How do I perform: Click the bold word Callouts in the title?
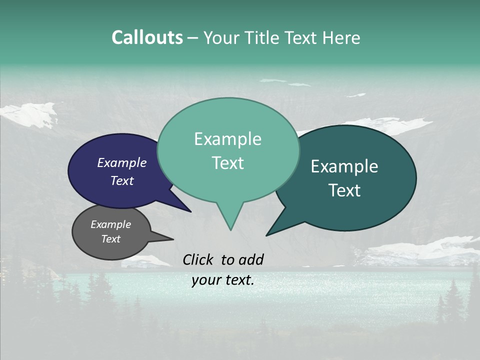pos(147,37)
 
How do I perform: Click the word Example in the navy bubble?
pos(121,163)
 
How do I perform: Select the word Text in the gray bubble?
pos(111,239)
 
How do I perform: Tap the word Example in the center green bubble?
pos(227,139)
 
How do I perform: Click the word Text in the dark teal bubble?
pos(344,190)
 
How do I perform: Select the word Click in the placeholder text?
pos(199,259)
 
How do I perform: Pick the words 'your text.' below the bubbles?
pos(222,280)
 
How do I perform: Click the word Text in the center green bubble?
pos(227,163)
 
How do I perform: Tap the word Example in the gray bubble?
pos(110,224)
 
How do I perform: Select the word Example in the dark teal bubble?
pos(344,166)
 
